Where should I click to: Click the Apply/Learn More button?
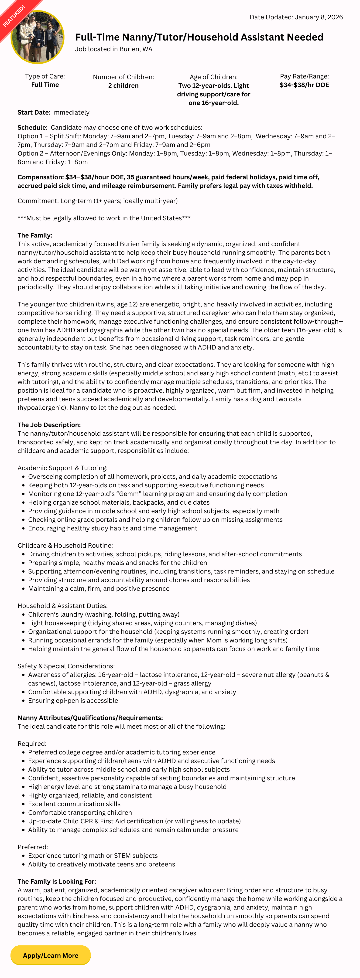[51, 955]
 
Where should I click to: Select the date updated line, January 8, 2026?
[296, 17]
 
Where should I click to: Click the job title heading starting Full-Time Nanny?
[199, 37]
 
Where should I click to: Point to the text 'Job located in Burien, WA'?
[113, 49]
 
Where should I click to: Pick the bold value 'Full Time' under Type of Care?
[45, 85]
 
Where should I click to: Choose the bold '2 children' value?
[123, 85]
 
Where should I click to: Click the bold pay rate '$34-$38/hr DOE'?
[304, 85]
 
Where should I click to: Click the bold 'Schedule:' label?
[32, 128]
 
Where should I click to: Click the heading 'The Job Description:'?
[49, 425]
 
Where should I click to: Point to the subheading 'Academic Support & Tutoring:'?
[62, 468]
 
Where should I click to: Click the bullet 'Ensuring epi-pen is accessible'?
[73, 700]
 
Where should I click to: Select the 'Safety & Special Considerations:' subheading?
[66, 666]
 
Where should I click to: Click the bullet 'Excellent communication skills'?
[74, 804]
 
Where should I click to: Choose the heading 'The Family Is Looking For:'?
[57, 881]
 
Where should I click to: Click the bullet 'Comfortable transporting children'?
[80, 812]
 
